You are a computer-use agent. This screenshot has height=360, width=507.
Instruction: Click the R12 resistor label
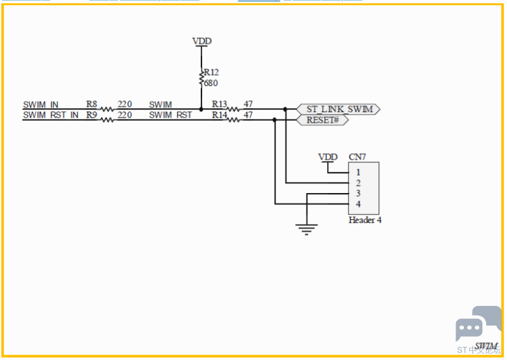tap(211, 72)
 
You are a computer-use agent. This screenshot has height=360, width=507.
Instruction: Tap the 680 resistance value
tap(211, 83)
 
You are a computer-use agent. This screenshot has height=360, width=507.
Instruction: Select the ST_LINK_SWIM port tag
tap(338, 110)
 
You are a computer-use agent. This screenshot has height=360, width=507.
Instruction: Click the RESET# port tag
tap(323, 120)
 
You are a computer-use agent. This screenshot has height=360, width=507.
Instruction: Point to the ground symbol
tap(306, 230)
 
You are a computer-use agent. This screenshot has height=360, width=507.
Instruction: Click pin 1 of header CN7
tap(358, 172)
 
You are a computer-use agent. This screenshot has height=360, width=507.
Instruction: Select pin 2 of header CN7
tap(358, 183)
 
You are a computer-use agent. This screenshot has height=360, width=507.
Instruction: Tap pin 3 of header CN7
tap(358, 194)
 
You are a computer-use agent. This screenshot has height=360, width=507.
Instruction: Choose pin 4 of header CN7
tap(358, 204)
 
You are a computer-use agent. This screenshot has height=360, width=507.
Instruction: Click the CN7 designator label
tap(357, 157)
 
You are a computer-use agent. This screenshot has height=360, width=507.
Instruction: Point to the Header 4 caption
tap(365, 220)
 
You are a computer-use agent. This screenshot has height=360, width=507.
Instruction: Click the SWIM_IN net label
tap(41, 105)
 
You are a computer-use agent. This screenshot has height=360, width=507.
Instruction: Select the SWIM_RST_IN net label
tap(51, 115)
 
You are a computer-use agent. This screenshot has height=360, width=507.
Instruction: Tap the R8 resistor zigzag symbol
tap(107, 110)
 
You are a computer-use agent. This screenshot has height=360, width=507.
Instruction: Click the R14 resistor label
tap(219, 115)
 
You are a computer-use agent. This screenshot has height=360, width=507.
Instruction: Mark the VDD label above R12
tap(202, 41)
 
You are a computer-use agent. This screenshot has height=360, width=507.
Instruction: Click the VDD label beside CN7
tap(328, 157)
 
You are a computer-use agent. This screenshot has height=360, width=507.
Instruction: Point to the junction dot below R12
tap(201, 110)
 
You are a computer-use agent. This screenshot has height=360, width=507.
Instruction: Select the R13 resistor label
tap(219, 104)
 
